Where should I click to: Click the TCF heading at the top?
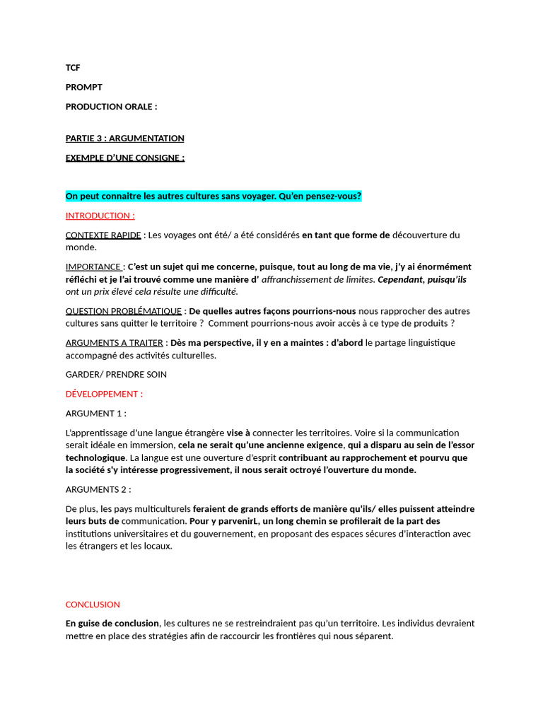point(73,68)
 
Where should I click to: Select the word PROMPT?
point(84,87)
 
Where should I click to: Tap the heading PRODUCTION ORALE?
point(111,107)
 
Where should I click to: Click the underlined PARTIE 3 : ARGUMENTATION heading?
point(124,139)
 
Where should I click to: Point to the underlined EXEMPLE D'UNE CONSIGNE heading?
point(124,158)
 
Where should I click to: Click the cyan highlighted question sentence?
point(213,196)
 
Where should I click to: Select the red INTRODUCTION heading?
point(100,216)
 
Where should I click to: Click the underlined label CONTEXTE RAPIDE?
point(103,235)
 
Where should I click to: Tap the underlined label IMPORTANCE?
point(93,267)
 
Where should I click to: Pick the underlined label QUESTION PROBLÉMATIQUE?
point(124,311)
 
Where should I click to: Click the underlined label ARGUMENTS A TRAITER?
point(115,343)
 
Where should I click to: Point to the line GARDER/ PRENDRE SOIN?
point(116,374)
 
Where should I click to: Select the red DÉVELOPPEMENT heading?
point(104,394)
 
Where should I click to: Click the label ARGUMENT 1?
point(95,414)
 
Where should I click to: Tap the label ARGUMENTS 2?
point(98,489)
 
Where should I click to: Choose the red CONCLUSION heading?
point(93,605)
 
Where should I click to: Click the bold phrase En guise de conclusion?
point(112,624)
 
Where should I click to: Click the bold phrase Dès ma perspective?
point(210,343)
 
